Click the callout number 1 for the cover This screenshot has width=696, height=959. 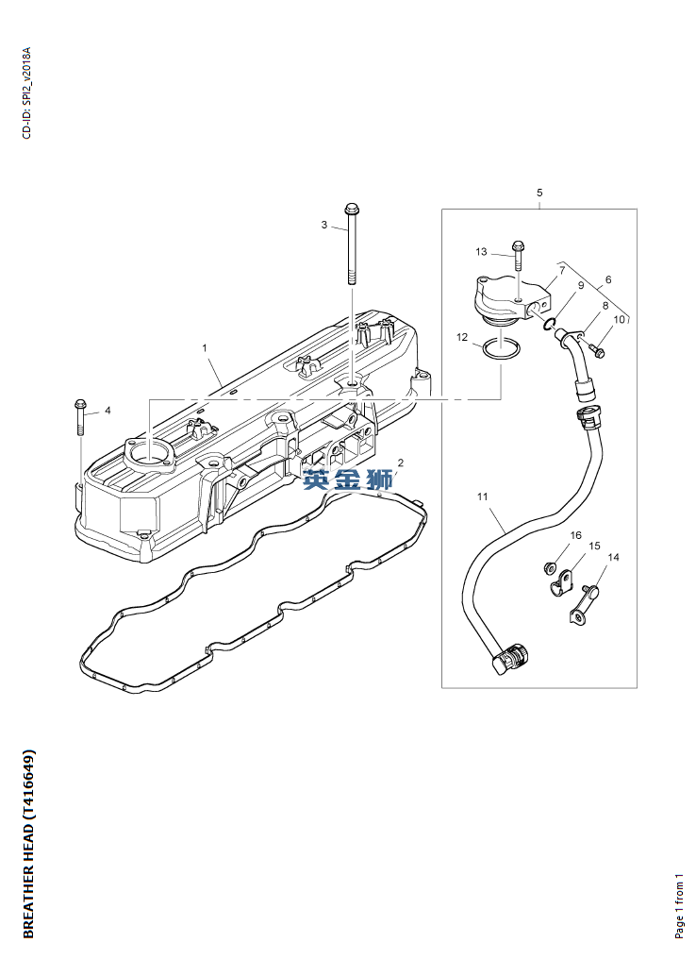point(205,348)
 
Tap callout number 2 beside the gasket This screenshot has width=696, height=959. point(400,463)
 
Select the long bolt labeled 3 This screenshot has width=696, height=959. point(352,244)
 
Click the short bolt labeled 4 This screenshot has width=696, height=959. point(80,417)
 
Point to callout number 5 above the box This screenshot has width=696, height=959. point(539,193)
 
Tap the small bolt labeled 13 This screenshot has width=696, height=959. point(517,255)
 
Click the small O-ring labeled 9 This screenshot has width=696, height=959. point(549,323)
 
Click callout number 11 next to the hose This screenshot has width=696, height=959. point(483,496)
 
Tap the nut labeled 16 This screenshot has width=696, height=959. point(549,567)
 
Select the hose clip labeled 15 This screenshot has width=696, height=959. point(561,583)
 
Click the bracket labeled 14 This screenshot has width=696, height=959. point(584,605)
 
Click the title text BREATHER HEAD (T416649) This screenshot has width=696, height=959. point(28,843)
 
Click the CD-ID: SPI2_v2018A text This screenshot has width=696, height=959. point(26,93)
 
